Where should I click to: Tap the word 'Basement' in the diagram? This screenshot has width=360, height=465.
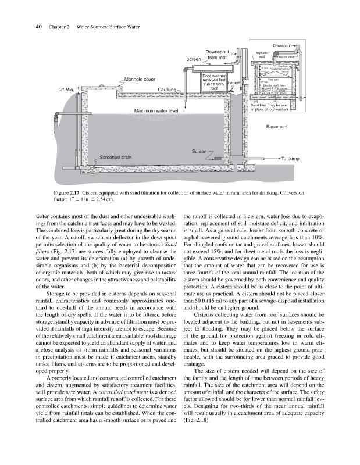point(277,126)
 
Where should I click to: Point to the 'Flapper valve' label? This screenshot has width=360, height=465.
point(283,57)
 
